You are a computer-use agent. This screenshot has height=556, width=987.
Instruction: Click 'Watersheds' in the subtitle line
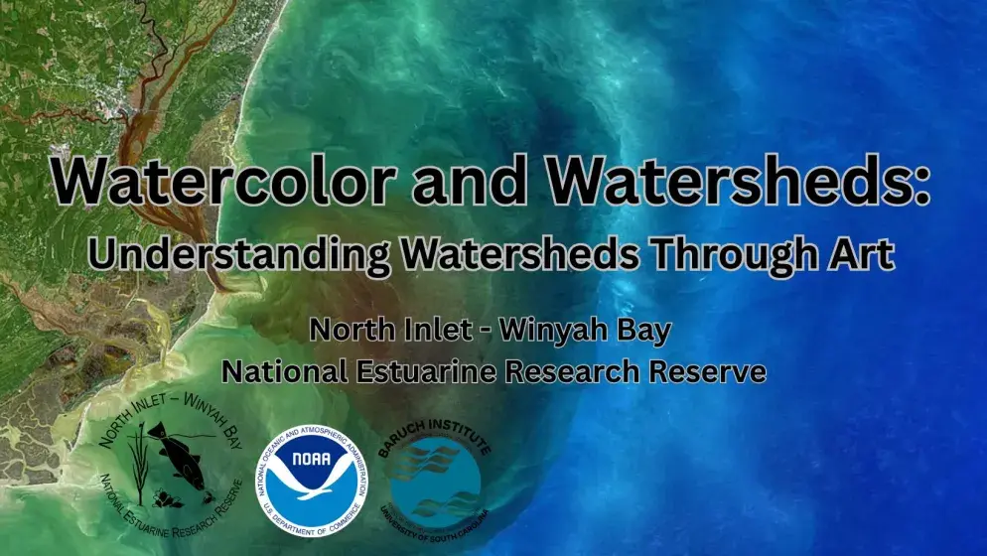(524, 253)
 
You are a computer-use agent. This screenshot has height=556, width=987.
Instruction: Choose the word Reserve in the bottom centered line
(708, 372)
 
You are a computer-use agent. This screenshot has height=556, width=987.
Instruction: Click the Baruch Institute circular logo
(435, 479)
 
